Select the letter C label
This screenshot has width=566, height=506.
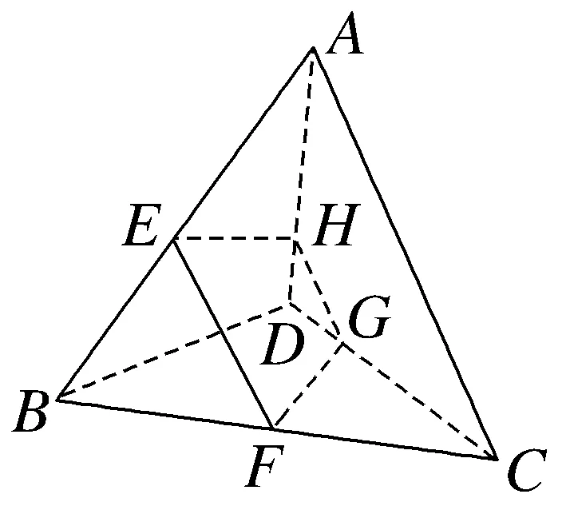[x=525, y=472]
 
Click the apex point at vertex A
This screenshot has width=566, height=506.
[x=313, y=49]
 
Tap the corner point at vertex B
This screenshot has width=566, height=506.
[x=57, y=398]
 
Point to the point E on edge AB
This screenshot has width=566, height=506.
[x=174, y=239]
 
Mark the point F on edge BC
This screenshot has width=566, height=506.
[x=272, y=428]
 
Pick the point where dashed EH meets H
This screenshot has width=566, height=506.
[x=296, y=239]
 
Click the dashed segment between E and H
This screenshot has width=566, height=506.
[x=236, y=239]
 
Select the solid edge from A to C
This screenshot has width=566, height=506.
[x=404, y=253]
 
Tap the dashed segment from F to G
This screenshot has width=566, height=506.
[x=308, y=385]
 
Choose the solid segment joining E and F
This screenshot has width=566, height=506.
[x=224, y=333]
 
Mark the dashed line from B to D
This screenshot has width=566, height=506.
[x=172, y=353]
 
